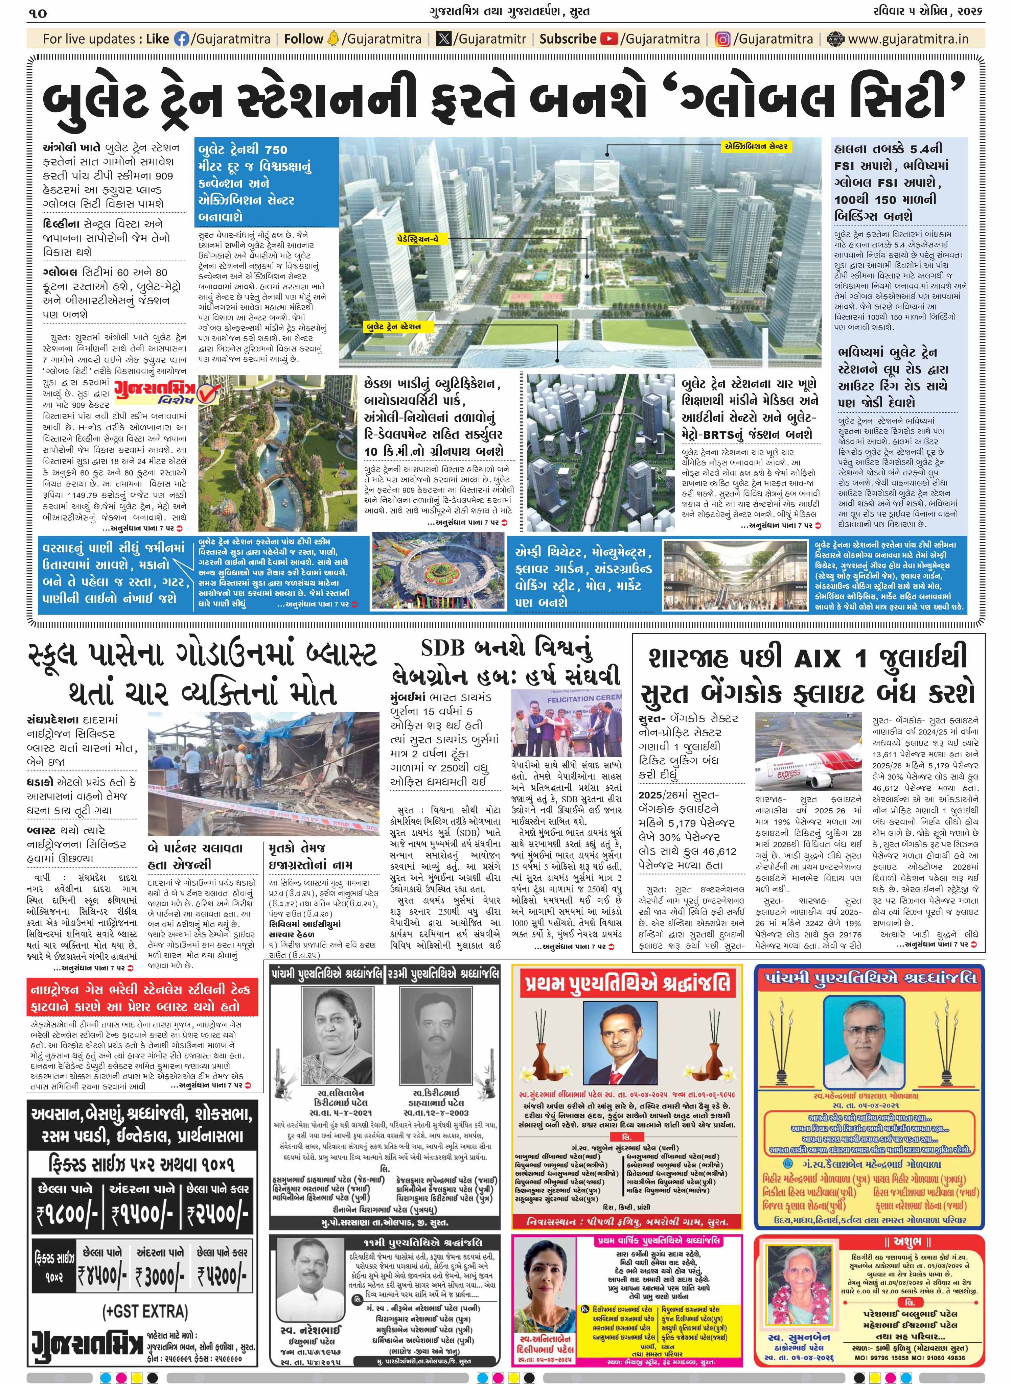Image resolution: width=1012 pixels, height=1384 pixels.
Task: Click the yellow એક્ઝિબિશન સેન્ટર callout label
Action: click(756, 146)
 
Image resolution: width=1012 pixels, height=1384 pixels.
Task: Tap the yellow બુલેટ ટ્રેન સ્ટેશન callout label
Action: click(394, 326)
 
